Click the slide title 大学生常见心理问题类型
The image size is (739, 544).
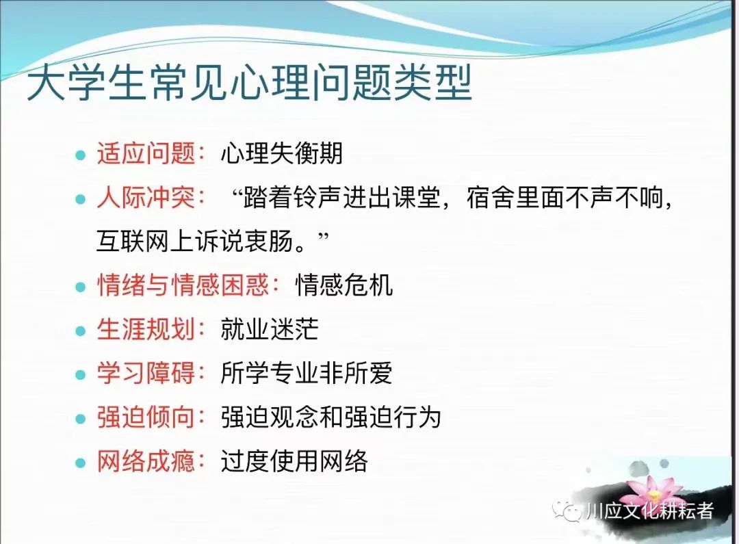pyautogui.click(x=249, y=83)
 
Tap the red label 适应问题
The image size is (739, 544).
pyautogui.click(x=146, y=153)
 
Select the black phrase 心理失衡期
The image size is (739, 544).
pyautogui.click(x=282, y=153)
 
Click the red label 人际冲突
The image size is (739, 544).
pyautogui.click(x=146, y=196)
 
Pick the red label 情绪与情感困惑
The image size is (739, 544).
pyautogui.click(x=183, y=285)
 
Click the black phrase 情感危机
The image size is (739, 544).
pyautogui.click(x=344, y=285)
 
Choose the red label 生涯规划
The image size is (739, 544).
pyautogui.click(x=146, y=328)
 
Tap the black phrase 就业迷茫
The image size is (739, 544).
pyautogui.click(x=270, y=328)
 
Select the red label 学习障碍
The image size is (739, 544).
pyautogui.click(x=146, y=372)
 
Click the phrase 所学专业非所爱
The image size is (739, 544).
pyautogui.click(x=307, y=372)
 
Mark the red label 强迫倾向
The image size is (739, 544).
pyautogui.click(x=146, y=417)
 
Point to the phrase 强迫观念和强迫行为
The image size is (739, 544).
pyautogui.click(x=331, y=417)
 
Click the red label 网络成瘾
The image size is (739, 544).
pyautogui.click(x=146, y=461)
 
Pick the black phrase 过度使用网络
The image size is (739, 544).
pyautogui.click(x=294, y=461)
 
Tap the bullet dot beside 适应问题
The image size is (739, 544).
pyautogui.click(x=81, y=155)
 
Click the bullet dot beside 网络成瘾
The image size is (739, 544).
pyautogui.click(x=81, y=463)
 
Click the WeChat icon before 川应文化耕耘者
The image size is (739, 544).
pyautogui.click(x=567, y=510)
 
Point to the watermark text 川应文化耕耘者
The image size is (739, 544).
pyautogui.click(x=650, y=511)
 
